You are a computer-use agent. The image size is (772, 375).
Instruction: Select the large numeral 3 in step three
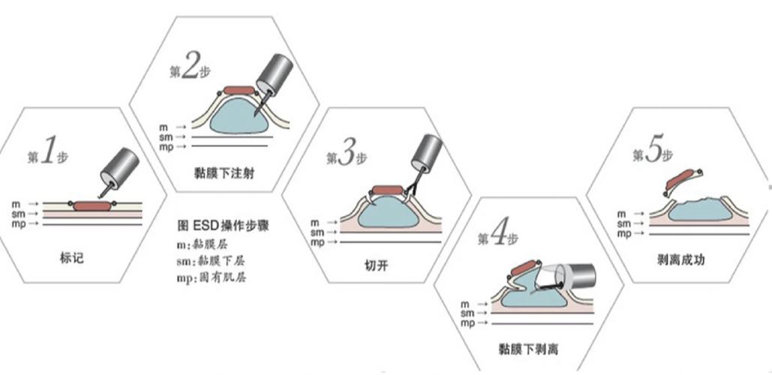click(x=347, y=155)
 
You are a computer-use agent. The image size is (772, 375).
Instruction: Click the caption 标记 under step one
click(x=70, y=256)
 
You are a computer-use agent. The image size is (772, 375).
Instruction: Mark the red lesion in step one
click(x=89, y=205)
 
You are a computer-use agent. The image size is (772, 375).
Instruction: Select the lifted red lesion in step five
click(x=682, y=181)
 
